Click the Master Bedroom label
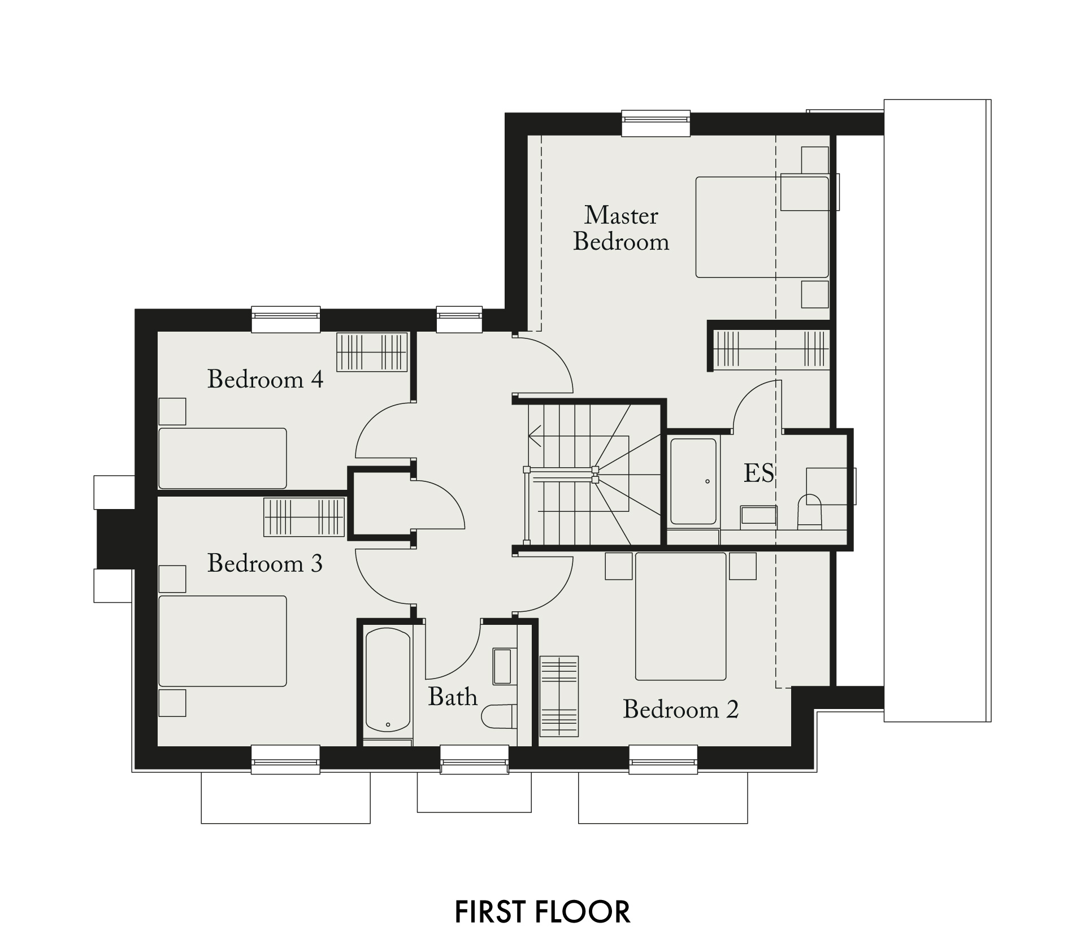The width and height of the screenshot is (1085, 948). (621, 228)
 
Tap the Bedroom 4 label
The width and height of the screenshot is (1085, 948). (265, 379)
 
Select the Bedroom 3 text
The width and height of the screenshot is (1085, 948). (265, 563)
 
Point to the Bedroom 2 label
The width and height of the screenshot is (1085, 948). (681, 709)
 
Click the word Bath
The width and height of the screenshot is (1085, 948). (453, 697)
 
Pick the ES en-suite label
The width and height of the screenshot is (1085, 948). (758, 473)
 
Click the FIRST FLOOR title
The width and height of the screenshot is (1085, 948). (542, 912)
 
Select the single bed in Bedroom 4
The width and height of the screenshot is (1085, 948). (223, 458)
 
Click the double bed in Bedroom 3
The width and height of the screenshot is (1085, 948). (223, 641)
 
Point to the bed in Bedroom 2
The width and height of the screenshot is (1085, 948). (681, 616)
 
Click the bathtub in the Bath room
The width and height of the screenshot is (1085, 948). (388, 680)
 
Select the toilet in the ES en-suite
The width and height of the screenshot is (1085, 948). (809, 511)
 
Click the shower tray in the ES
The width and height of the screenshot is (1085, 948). (693, 481)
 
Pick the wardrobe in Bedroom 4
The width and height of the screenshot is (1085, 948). (372, 352)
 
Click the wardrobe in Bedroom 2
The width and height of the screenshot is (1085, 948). (559, 696)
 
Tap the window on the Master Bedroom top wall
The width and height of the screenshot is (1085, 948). (656, 123)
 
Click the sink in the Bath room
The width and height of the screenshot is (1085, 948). (502, 667)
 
